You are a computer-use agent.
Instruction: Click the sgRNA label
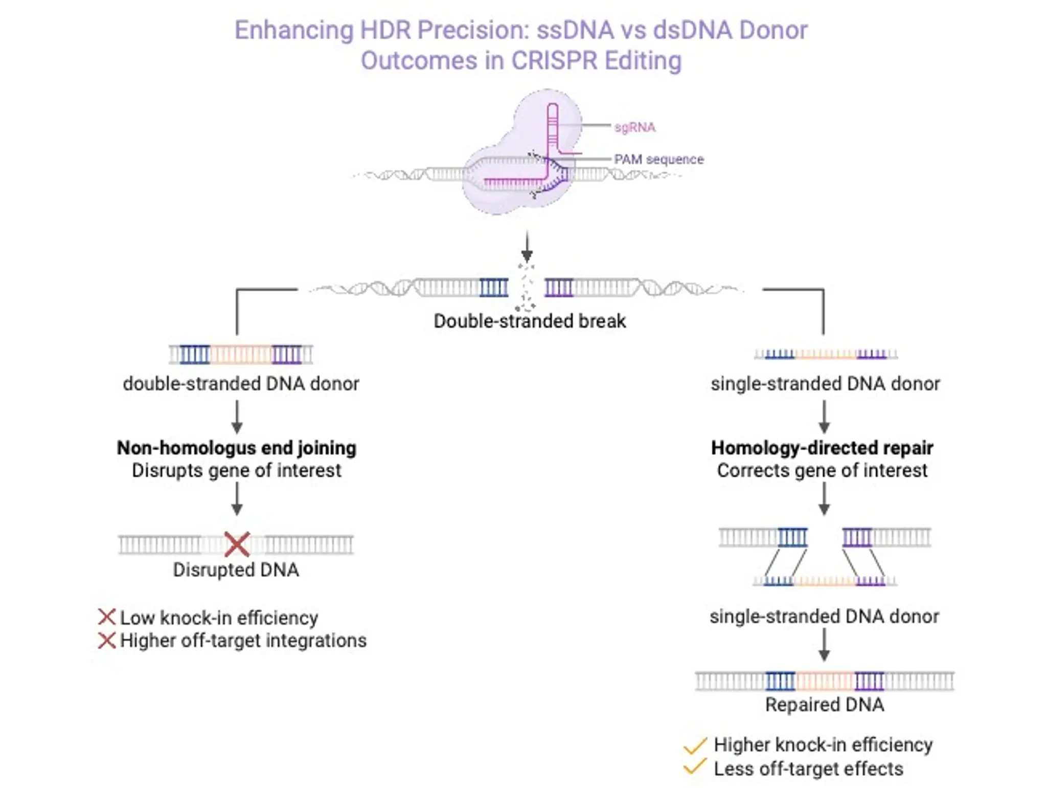click(634, 127)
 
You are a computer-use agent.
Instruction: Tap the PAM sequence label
click(658, 159)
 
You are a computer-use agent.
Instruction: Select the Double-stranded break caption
click(529, 321)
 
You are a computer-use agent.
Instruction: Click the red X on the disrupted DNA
click(237, 544)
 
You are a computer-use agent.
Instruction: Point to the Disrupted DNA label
click(236, 570)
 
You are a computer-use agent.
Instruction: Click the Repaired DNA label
click(824, 705)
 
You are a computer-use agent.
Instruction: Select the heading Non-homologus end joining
click(236, 448)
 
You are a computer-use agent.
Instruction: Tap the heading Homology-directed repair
click(822, 448)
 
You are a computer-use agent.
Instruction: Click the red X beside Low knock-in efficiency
click(106, 617)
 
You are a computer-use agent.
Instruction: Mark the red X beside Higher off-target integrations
click(106, 640)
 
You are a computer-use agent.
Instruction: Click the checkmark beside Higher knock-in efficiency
click(695, 746)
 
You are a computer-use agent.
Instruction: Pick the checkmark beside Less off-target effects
click(695, 768)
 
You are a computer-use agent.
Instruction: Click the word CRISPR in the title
click(554, 60)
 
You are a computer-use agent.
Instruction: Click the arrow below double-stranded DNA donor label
click(237, 417)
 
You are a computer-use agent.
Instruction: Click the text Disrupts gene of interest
click(236, 470)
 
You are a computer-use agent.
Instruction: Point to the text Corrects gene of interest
click(822, 470)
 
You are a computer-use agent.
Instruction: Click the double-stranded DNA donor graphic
click(241, 354)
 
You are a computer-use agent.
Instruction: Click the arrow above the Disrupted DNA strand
click(237, 499)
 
